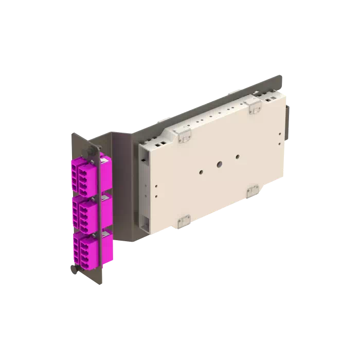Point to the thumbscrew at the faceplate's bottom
[73, 268]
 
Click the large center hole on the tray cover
[218, 165]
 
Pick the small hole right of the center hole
[237, 156]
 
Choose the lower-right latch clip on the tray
[253, 191]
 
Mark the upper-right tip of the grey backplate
[280, 77]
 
